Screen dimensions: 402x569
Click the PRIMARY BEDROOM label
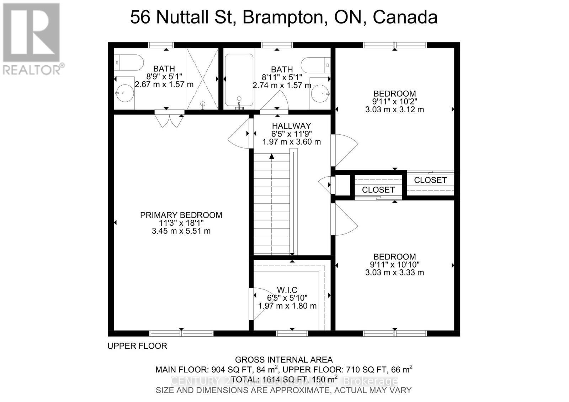181,215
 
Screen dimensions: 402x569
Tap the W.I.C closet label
287,290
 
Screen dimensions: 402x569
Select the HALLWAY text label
291,126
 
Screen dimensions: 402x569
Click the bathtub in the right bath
239,80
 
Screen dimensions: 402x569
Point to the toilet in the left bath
128,62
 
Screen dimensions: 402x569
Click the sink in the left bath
124,93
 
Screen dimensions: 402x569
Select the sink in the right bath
320,93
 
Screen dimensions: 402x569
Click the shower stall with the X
202,79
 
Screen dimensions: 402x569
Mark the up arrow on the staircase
272,156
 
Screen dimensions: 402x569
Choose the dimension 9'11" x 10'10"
394,264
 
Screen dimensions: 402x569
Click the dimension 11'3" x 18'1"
181,223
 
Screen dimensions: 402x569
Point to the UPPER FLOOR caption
137,346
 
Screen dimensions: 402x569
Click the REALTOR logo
32,39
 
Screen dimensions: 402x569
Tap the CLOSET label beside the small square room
378,190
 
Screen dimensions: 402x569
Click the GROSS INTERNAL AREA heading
284,360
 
